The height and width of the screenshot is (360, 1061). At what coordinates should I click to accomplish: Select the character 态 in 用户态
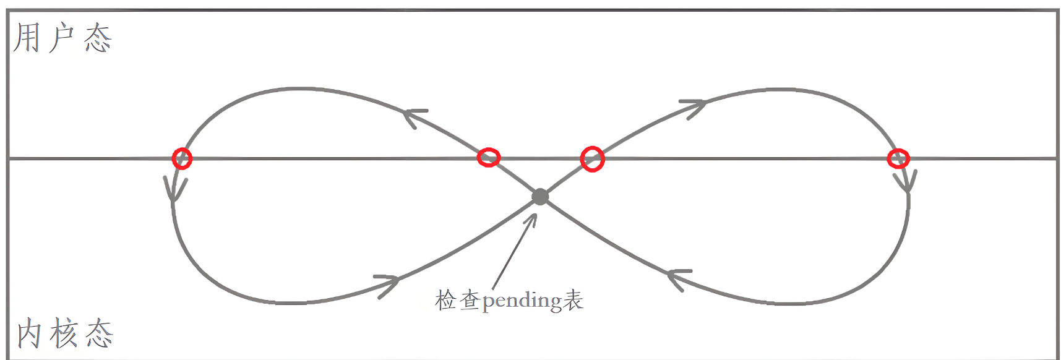tap(98, 38)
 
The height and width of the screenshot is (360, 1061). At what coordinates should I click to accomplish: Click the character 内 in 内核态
tap(29, 334)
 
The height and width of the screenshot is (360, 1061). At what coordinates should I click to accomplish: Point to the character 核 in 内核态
tap(64, 333)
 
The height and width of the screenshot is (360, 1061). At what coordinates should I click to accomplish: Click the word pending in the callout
tap(522, 301)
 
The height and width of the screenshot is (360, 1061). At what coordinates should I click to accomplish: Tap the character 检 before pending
tap(445, 300)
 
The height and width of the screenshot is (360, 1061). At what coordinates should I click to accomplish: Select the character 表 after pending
tap(573, 300)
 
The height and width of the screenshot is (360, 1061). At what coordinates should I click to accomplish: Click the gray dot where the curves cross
tap(540, 197)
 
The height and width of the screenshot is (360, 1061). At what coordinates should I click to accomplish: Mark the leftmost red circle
tap(182, 158)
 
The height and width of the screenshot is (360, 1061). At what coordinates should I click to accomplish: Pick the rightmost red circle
tap(898, 158)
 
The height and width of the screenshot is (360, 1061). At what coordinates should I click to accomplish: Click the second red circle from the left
tap(489, 157)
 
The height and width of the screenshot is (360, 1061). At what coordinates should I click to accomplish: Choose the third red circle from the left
tap(592, 159)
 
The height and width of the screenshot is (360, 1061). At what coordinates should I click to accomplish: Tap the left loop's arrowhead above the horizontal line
tap(413, 116)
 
